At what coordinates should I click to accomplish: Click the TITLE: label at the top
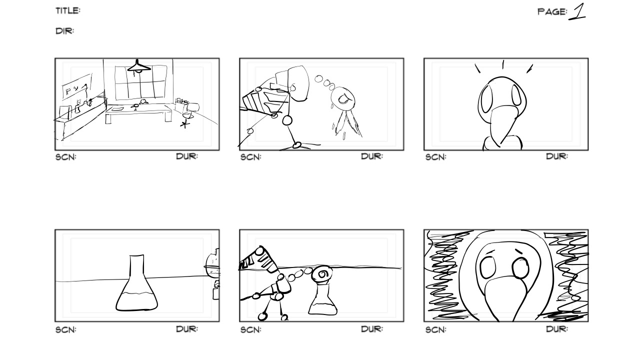[x=68, y=11]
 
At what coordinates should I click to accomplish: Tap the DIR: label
[x=65, y=31]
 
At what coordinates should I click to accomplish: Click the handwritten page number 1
[x=577, y=11]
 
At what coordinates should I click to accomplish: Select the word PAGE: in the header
[x=552, y=11]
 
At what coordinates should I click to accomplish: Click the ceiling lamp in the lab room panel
[x=139, y=67]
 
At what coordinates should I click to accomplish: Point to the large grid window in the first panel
[x=141, y=82]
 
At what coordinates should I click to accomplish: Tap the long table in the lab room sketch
[x=138, y=112]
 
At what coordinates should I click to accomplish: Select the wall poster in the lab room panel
[x=77, y=86]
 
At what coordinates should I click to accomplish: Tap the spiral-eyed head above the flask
[x=322, y=274]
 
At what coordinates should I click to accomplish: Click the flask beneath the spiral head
[x=323, y=300]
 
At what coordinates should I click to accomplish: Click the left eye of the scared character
[x=487, y=267]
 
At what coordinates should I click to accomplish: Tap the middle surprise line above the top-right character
[x=503, y=64]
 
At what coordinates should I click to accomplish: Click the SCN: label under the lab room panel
[x=65, y=157]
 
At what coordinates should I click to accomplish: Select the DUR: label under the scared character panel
[x=557, y=329]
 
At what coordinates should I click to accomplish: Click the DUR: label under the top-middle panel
[x=372, y=156]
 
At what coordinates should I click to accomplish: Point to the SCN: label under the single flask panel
[x=65, y=329]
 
